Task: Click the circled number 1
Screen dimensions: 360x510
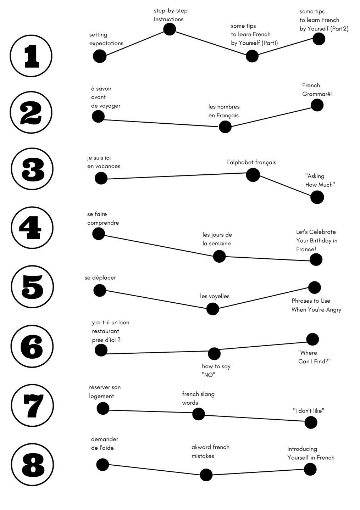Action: coord(31,56)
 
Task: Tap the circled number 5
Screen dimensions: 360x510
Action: coord(32,287)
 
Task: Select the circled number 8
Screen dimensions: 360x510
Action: coord(32,465)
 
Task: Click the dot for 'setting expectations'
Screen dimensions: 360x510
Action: coord(100,56)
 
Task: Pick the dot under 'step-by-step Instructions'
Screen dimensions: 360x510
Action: coord(170,29)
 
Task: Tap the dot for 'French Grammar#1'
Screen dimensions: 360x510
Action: coord(317,105)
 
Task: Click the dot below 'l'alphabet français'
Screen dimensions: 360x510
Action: coord(253,175)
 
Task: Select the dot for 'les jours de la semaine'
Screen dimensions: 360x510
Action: coord(219,256)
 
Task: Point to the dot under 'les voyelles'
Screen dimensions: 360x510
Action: coord(212,309)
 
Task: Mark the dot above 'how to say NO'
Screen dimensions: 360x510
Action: coord(214,354)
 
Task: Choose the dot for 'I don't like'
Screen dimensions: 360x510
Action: coord(311,422)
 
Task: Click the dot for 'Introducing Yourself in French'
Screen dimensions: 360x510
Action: coord(310,469)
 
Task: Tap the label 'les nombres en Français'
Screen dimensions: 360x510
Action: coord(224,111)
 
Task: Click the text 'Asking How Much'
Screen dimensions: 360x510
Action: coord(320,180)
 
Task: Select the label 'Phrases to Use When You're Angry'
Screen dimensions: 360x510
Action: coord(316,305)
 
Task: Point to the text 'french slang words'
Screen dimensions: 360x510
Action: coord(198,398)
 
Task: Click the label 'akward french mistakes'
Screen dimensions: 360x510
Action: coord(210,452)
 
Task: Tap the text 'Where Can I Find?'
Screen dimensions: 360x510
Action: coord(314,357)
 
